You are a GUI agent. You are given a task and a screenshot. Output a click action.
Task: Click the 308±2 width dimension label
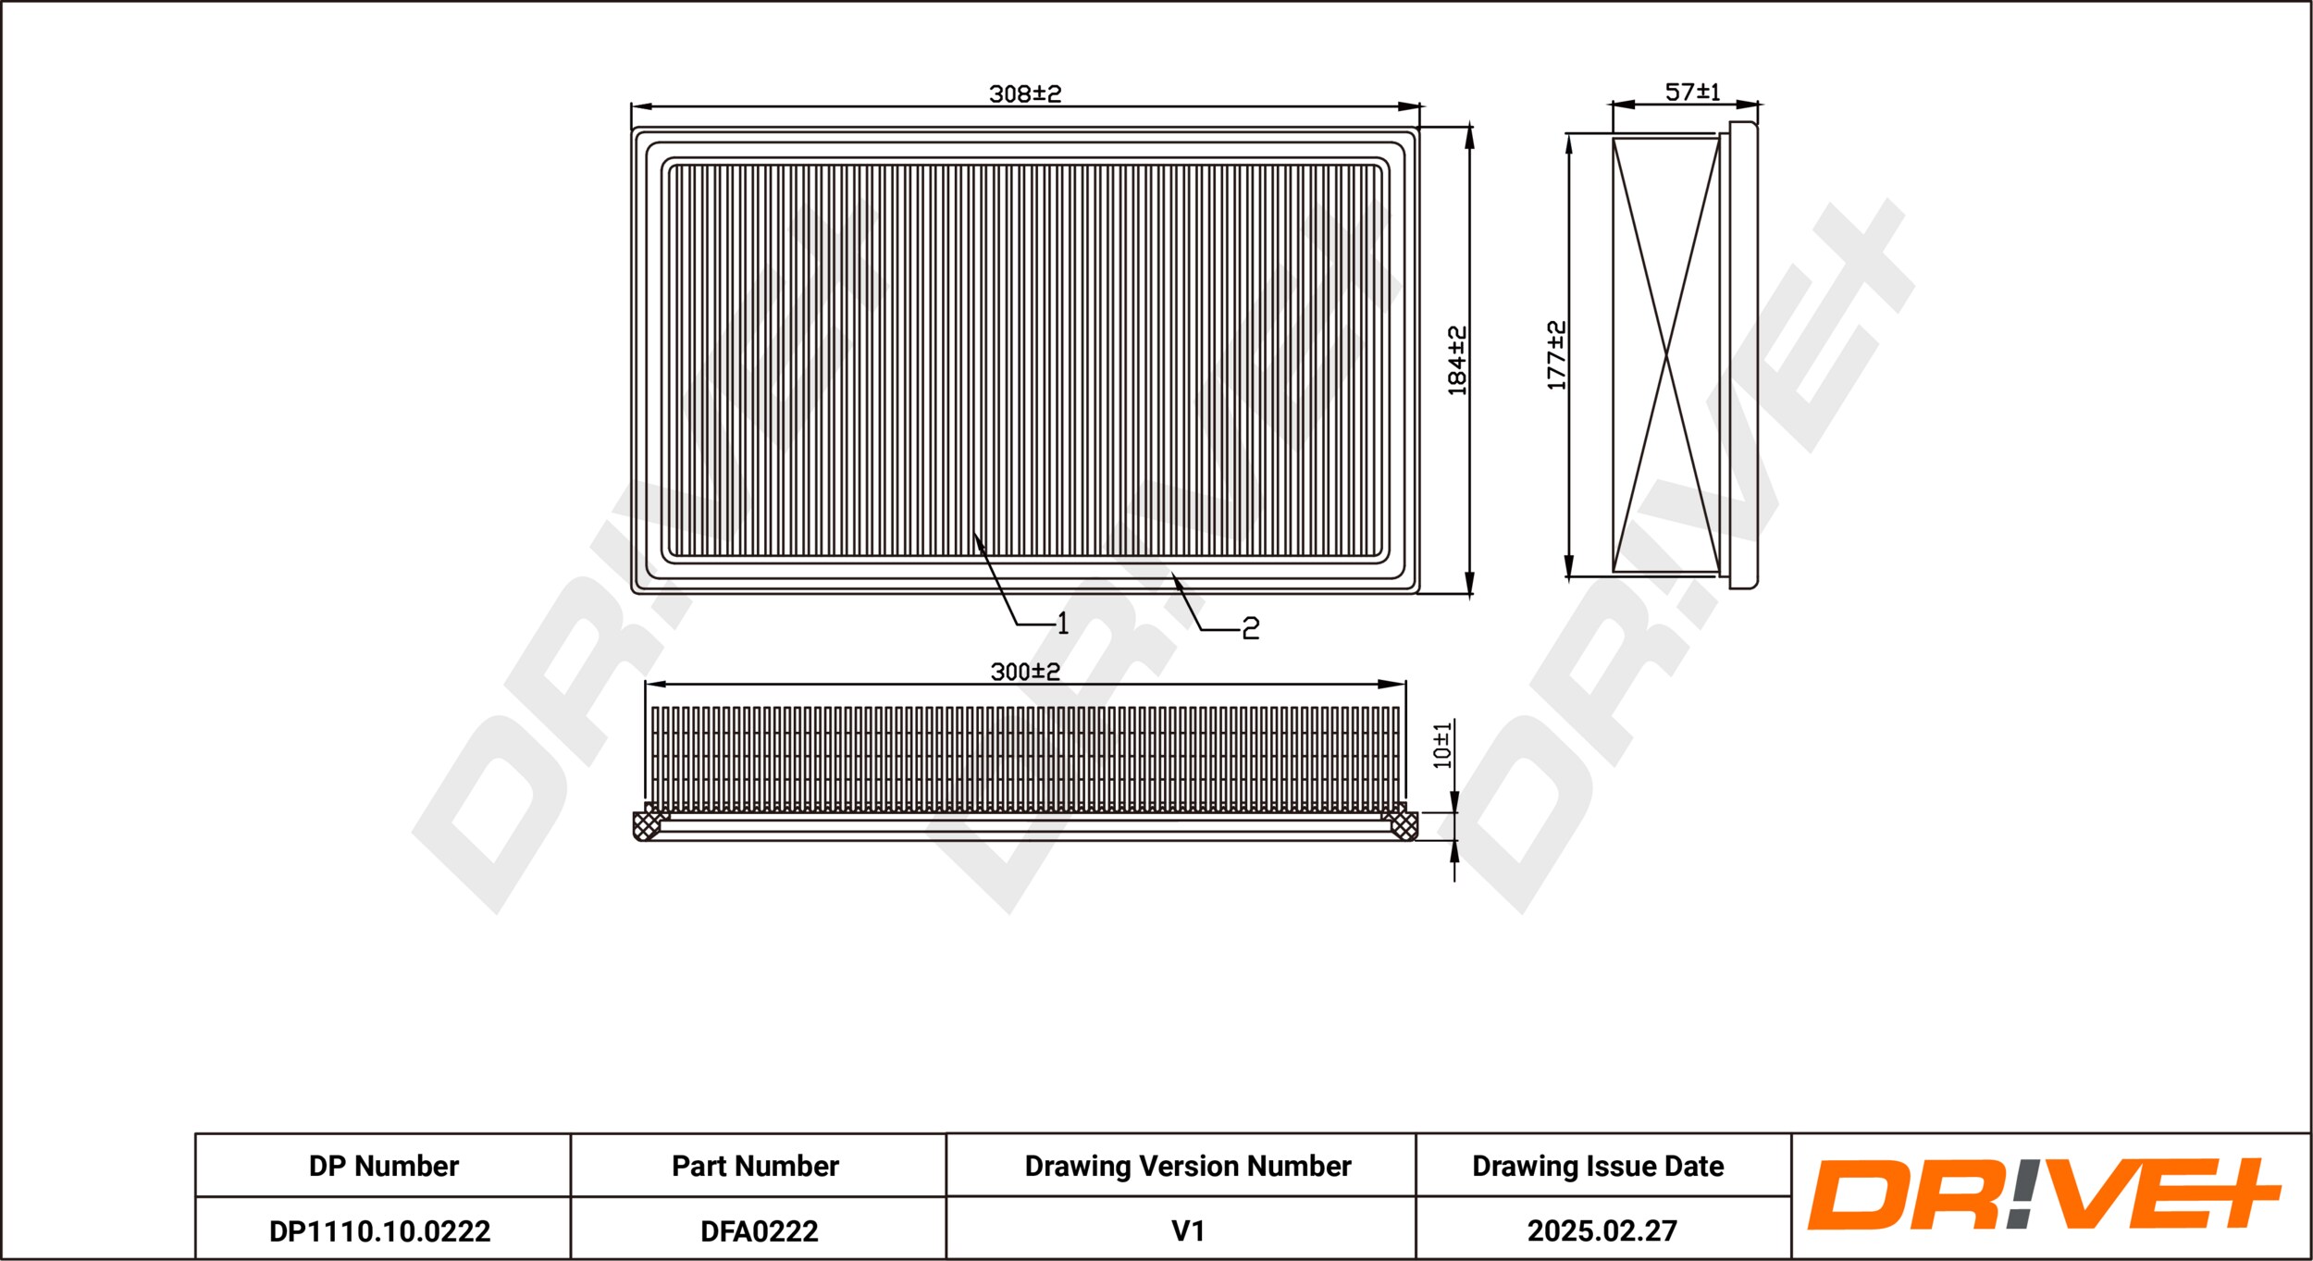point(1025,93)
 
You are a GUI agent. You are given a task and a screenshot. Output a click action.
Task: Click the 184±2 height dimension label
point(1457,361)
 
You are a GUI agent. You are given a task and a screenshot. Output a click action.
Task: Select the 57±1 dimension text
point(1693,92)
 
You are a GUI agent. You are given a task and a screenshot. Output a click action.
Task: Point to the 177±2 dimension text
point(1557,355)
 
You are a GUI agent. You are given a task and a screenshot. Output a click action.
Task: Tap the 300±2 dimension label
point(1025,672)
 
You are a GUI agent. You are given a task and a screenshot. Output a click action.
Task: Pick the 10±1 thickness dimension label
point(1442,746)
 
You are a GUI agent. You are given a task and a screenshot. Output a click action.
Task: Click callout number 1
point(1063,624)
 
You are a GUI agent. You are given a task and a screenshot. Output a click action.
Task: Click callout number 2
point(1251,629)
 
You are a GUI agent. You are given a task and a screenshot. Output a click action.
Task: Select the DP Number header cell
point(384,1166)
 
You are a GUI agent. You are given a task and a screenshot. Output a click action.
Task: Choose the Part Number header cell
point(755,1166)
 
